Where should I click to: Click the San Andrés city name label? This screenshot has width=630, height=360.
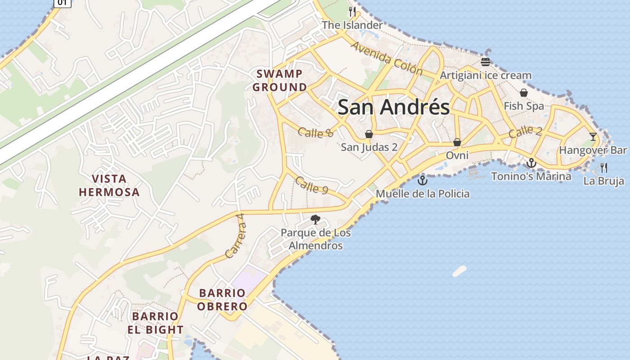click(x=393, y=107)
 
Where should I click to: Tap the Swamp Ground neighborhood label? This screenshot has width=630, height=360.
click(x=279, y=80)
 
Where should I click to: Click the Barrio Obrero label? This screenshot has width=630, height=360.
click(x=223, y=300)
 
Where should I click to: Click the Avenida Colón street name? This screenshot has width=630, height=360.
click(x=387, y=58)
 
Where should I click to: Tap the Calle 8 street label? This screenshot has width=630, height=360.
click(x=315, y=132)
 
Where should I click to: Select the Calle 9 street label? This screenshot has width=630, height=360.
click(x=311, y=185)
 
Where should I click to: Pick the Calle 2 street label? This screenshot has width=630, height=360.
click(x=525, y=132)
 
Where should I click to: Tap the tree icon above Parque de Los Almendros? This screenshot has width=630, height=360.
click(x=315, y=220)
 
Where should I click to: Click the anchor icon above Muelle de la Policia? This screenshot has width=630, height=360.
click(x=422, y=181)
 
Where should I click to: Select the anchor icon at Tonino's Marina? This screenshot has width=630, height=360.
click(x=531, y=163)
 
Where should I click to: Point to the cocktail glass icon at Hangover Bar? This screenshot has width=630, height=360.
click(x=593, y=137)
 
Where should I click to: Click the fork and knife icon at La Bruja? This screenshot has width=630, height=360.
click(x=604, y=168)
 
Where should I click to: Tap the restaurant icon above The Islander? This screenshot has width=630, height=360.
click(x=352, y=12)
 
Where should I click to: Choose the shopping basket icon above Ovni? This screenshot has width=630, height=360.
click(x=457, y=142)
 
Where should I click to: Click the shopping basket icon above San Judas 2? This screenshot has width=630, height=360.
click(x=369, y=134)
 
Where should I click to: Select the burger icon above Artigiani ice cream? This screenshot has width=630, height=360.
click(x=485, y=62)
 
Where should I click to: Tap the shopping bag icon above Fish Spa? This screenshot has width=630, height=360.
click(x=524, y=93)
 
